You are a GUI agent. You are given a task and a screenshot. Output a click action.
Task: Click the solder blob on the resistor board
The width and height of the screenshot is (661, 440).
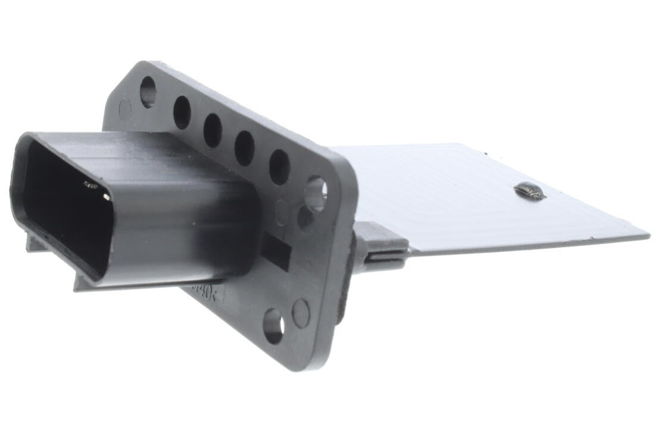coord(529,191)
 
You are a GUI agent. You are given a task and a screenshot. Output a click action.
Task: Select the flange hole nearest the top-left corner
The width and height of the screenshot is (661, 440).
coord(148,92)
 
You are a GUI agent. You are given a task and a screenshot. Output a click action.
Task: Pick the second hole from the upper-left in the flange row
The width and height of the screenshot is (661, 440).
coord(182,112)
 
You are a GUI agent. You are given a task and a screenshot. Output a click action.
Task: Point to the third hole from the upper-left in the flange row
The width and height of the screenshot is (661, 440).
coord(213,130)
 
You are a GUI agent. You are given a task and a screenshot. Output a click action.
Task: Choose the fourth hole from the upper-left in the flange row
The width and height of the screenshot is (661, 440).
coord(244,148)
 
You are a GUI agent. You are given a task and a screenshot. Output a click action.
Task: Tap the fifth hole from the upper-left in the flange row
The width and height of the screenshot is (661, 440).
coord(279,167)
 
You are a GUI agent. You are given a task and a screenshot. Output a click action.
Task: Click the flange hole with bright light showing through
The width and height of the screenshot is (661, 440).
coord(316,193)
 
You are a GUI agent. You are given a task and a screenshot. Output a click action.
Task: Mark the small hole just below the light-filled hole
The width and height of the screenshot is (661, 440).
coord(305,218)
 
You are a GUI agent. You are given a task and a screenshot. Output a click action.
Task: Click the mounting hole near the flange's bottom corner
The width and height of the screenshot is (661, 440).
coord(273,325)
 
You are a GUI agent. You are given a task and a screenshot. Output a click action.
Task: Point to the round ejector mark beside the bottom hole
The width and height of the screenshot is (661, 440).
coord(301,313)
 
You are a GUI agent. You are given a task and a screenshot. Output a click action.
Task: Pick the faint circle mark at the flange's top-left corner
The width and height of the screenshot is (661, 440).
coord(125,109)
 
